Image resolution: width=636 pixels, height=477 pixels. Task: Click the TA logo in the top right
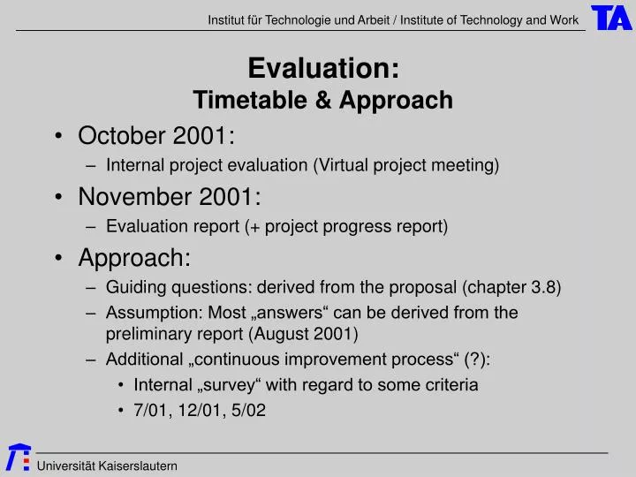(x=611, y=18)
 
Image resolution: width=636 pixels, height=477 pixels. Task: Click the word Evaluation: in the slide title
(x=323, y=68)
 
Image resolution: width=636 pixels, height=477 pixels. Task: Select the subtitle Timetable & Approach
(x=323, y=101)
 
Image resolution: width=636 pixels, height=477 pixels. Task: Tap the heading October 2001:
(x=156, y=136)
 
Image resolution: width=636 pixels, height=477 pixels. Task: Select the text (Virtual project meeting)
(x=406, y=165)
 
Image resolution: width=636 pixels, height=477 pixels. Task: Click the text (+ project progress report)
(x=346, y=226)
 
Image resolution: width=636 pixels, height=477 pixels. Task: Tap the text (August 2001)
(x=303, y=333)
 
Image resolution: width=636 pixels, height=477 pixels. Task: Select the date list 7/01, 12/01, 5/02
(x=200, y=410)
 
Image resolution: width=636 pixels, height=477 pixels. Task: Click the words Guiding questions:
(x=163, y=287)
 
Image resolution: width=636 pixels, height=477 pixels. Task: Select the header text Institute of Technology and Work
(x=489, y=19)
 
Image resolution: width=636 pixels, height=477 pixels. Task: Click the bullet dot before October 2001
(x=58, y=137)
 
